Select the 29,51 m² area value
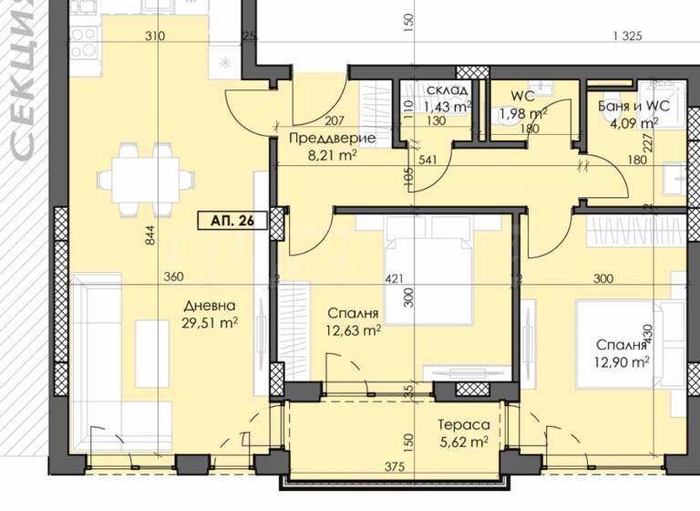point(210,322)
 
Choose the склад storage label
point(448,90)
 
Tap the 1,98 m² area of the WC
point(522,114)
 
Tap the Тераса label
point(462,425)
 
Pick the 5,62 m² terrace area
point(462,441)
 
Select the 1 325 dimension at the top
point(629,36)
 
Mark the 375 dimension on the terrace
point(395,466)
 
